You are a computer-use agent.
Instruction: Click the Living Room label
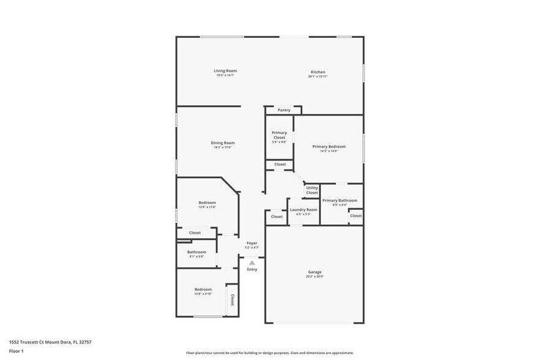tap(225, 71)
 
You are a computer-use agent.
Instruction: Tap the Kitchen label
tap(317, 72)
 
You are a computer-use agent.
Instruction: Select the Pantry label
tap(283, 110)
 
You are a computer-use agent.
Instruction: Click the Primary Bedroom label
tap(329, 147)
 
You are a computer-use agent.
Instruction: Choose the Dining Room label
tap(224, 143)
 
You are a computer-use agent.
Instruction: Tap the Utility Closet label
tap(312, 190)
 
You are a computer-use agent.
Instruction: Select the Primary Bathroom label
tap(340, 201)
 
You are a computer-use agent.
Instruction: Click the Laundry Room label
tap(304, 210)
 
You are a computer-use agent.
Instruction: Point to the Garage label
tap(315, 272)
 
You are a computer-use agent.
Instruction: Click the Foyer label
tap(252, 243)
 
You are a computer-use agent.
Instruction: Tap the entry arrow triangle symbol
tap(252, 263)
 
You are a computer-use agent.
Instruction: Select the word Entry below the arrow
tap(252, 269)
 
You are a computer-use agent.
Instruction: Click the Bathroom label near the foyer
tap(197, 252)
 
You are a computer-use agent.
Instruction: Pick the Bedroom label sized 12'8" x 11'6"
tap(207, 203)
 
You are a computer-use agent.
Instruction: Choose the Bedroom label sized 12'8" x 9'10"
tap(203, 290)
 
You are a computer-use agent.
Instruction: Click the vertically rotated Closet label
tap(232, 300)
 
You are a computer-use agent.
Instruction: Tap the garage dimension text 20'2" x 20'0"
tap(315, 276)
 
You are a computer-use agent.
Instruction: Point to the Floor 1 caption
tap(17, 351)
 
